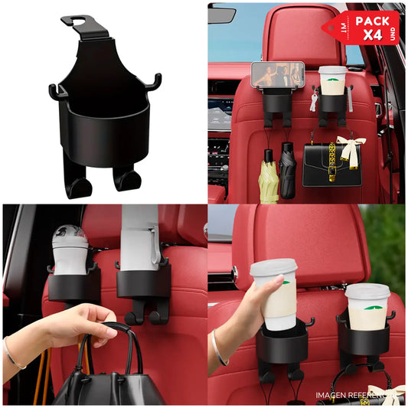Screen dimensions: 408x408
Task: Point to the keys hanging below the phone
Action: (313, 102)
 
